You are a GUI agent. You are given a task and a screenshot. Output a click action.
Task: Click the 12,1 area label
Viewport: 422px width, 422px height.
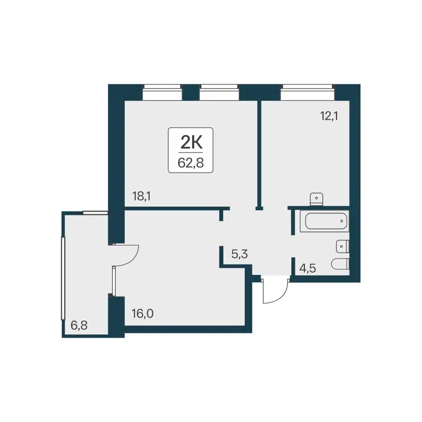[329, 116]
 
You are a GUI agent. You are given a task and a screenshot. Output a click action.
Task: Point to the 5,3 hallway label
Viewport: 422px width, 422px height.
[239, 254]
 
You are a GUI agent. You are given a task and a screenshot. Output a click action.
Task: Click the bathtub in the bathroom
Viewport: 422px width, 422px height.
[324, 222]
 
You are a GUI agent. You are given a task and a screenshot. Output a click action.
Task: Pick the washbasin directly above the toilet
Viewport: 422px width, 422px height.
[342, 245]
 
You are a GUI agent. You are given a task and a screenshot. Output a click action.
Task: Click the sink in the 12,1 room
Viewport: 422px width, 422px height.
[316, 198]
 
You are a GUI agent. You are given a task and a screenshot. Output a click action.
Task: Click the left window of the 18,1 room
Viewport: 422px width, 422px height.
[162, 93]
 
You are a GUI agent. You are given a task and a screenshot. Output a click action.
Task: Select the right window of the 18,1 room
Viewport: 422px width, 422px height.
[219, 93]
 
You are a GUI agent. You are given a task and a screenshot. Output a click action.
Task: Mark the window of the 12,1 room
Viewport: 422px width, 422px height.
[308, 93]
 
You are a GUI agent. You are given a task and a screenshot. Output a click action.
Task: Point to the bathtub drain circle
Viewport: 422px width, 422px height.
[341, 222]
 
